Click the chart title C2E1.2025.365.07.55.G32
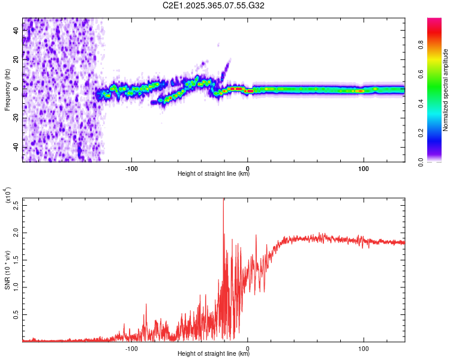[214, 5]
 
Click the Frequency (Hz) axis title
[8, 90]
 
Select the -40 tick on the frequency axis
[14, 147]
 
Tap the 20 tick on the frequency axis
[16, 59]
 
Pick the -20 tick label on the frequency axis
[14, 118]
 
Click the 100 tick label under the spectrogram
[363, 167]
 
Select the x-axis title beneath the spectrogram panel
[214, 174]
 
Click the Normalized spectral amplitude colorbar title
[446, 90]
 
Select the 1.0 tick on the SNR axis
[16, 287]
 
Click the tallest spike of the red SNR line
[223, 200]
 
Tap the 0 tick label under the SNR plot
[248, 348]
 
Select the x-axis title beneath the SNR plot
[214, 354]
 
